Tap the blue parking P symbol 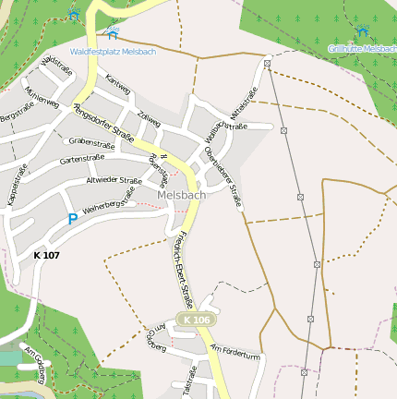point(72,220)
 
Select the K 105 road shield point(197,320)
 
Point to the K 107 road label point(47,255)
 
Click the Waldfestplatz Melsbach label point(113,52)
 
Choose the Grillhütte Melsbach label point(363,48)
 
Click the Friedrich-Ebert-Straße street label point(184,269)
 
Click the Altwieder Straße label point(114,180)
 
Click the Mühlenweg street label point(43,96)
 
